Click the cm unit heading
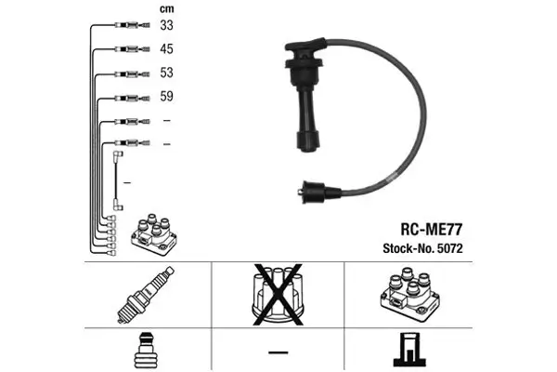coord(167,9)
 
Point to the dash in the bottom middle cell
coord(278,352)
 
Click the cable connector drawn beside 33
coord(125,27)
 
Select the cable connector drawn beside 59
coord(125,97)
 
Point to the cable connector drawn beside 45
coord(125,50)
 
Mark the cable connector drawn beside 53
coord(125,73)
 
